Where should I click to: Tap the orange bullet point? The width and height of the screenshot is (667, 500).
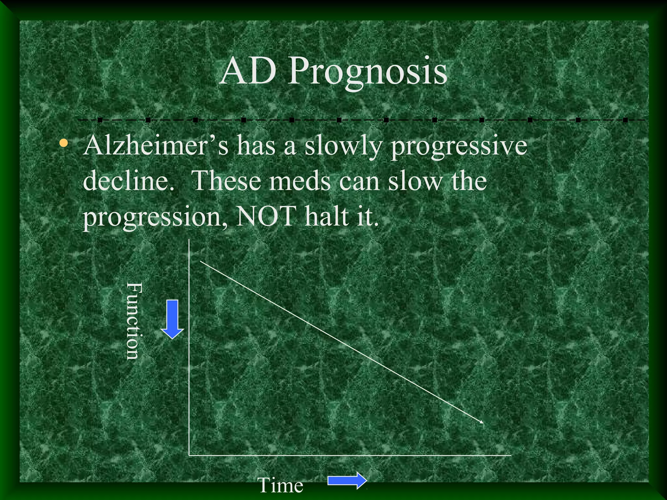(64, 143)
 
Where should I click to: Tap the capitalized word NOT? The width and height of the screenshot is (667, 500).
(265, 216)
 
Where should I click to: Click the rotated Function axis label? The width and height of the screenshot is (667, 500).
(134, 321)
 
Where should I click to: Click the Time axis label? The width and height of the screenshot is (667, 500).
(280, 485)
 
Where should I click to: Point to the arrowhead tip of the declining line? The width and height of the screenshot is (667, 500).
(483, 423)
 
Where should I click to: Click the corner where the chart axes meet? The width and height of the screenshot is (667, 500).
(189, 455)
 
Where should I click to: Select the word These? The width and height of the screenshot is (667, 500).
(227, 181)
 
